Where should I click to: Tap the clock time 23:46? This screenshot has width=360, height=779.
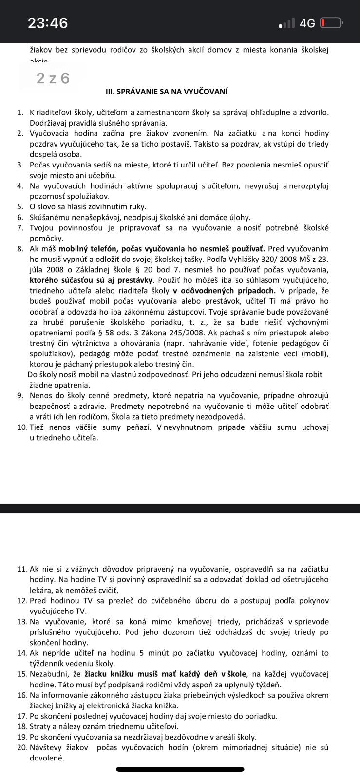[x=48, y=23]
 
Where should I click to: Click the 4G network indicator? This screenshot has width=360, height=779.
[x=307, y=23]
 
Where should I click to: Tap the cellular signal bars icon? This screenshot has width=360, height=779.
[x=287, y=23]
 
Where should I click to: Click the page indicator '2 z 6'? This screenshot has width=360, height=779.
[x=53, y=78]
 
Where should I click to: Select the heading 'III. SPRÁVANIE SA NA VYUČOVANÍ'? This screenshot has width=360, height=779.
[x=166, y=92]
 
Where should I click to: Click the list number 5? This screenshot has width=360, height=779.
[x=20, y=207]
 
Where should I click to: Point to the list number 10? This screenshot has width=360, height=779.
[x=22, y=427]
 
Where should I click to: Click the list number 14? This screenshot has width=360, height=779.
[x=22, y=653]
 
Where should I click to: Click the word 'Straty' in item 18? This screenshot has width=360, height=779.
[x=41, y=726]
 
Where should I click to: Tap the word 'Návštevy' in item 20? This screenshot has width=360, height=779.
[x=46, y=747]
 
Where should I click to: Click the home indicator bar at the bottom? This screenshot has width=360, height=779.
[x=180, y=770]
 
